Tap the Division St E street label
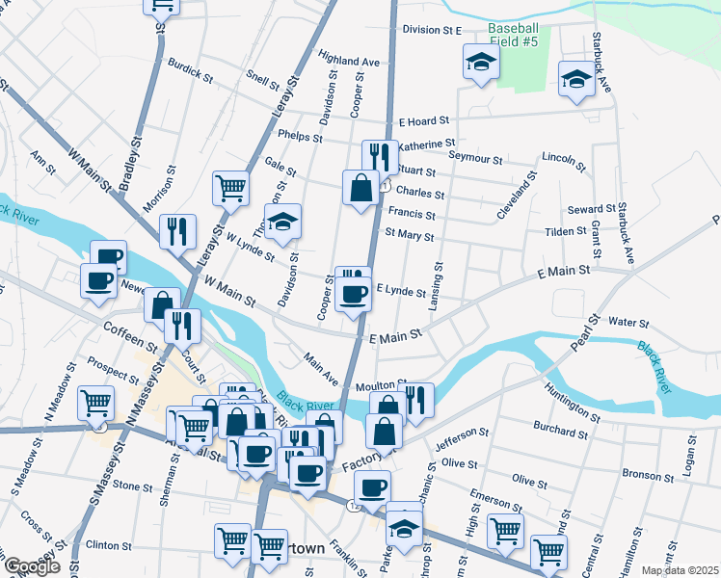[x=432, y=30]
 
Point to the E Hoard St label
[x=424, y=121]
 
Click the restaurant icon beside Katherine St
[x=380, y=156]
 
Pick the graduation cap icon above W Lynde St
[x=282, y=223]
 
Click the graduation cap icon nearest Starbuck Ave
[x=576, y=80]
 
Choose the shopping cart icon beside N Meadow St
[x=95, y=402]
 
